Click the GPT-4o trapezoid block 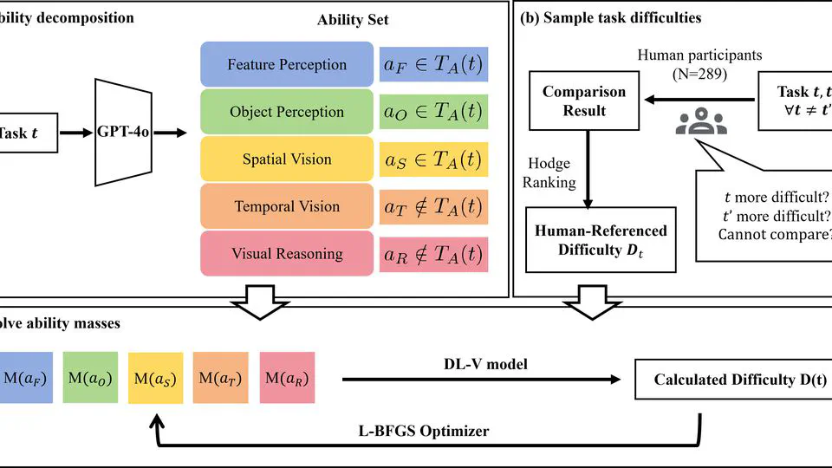[x=122, y=133]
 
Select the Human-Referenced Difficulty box [x=600, y=240]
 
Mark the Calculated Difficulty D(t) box [x=728, y=379]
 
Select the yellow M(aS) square [x=156, y=379]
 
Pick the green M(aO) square [x=90, y=379]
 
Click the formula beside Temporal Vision [x=433, y=207]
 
